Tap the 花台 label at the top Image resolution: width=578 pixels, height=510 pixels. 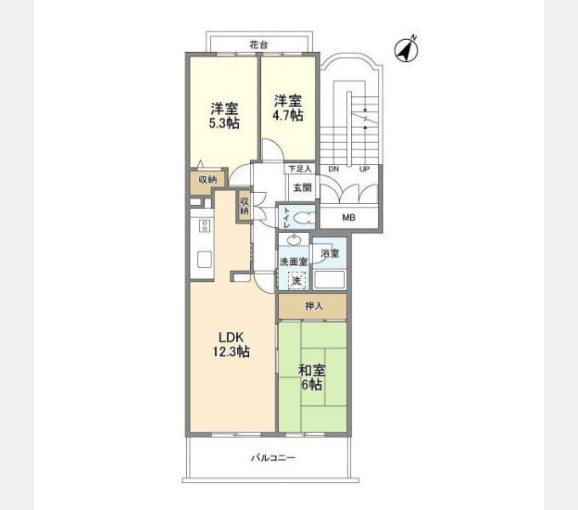[x=260, y=43]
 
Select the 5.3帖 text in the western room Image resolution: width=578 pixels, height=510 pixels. [x=224, y=123]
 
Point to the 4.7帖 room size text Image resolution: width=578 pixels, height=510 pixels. [x=287, y=115]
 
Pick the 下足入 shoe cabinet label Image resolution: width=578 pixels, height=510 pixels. [x=298, y=170]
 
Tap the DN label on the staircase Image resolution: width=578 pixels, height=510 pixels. [x=334, y=170]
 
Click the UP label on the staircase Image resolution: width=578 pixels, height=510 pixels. [x=365, y=170]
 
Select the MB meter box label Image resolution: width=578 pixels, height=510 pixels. [x=348, y=218]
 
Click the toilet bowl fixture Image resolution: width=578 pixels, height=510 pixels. [x=304, y=218]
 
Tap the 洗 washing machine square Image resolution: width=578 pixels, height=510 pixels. [x=296, y=280]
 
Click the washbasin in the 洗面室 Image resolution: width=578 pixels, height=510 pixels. [x=293, y=241]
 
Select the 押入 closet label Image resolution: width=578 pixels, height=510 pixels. [x=313, y=306]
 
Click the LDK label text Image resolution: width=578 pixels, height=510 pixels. [x=230, y=337]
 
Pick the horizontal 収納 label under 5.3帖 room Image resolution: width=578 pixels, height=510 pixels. [x=207, y=180]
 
